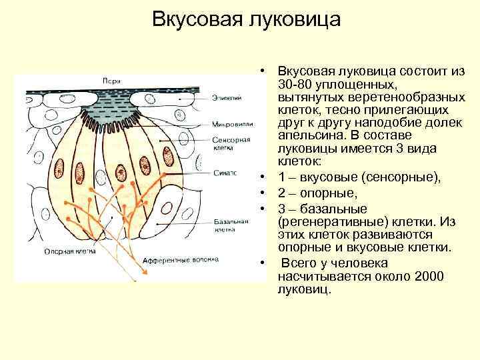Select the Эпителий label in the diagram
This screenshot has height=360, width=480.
[227, 98]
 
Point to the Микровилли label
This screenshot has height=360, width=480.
[231, 125]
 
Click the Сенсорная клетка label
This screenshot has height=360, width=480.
[231, 145]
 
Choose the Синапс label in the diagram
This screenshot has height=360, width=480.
[226, 172]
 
